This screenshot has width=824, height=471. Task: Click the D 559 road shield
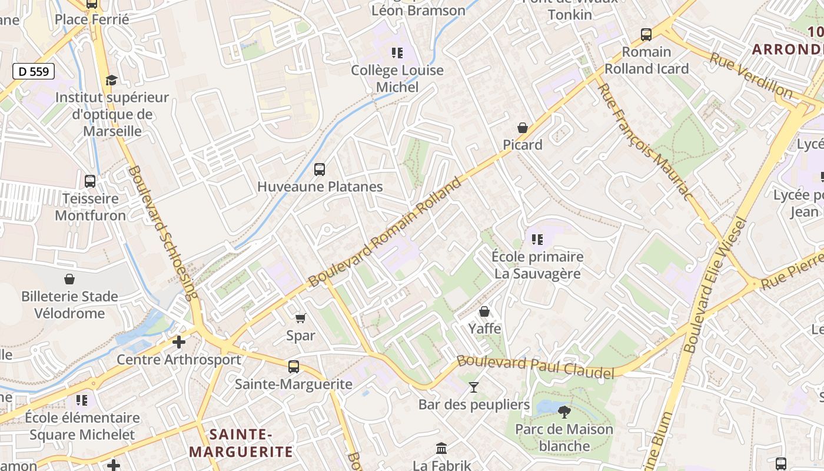click(x=34, y=71)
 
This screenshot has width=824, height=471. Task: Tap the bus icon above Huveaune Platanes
click(x=320, y=170)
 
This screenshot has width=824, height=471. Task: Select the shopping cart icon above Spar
click(x=301, y=318)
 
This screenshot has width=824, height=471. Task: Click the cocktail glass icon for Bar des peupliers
click(x=474, y=387)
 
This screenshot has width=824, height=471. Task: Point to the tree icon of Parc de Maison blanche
click(x=564, y=412)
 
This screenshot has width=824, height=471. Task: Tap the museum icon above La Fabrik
click(x=441, y=448)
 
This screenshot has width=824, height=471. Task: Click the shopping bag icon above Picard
click(x=522, y=127)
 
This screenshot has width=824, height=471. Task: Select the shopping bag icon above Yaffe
click(x=484, y=311)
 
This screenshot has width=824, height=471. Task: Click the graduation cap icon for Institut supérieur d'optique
click(x=111, y=80)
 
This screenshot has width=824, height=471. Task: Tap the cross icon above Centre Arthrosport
click(x=179, y=342)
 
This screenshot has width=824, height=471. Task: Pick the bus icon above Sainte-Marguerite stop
click(x=294, y=367)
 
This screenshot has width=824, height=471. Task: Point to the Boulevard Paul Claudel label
click(x=536, y=367)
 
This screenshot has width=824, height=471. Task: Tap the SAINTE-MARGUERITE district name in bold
click(x=241, y=443)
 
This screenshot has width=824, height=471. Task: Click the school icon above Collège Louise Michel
click(x=397, y=53)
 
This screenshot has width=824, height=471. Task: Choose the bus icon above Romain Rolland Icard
click(x=646, y=35)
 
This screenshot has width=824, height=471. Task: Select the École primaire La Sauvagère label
click(x=537, y=265)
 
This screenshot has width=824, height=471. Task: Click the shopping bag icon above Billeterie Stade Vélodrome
click(x=69, y=279)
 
